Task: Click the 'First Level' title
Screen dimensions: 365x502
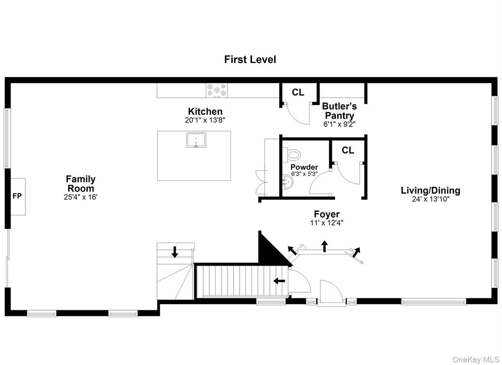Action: point(250,59)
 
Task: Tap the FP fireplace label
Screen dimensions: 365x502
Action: point(17,196)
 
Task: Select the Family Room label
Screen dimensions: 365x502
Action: point(81,183)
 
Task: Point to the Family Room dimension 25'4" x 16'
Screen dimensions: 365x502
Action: point(81,197)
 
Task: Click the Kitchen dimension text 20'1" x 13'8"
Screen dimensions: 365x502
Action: point(205,120)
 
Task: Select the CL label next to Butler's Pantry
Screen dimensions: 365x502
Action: point(298,93)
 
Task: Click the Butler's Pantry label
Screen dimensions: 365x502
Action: point(340,111)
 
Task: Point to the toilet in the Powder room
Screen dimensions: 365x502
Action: point(294,155)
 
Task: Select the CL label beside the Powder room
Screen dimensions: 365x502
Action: point(348,150)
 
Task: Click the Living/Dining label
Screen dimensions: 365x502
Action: point(430,190)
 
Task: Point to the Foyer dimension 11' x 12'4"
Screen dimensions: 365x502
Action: point(327,222)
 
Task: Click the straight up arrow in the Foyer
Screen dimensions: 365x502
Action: point(325,246)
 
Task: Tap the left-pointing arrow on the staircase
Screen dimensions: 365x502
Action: point(279,281)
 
